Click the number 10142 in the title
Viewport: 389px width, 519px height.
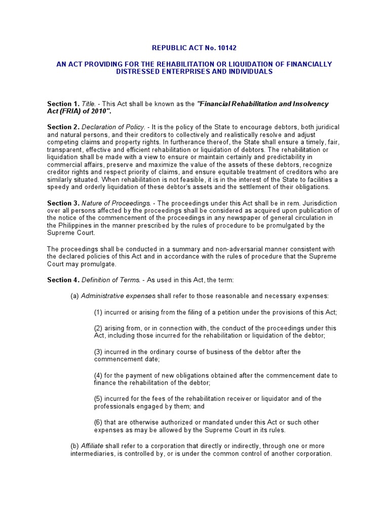226,48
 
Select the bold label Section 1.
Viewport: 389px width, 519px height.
63,104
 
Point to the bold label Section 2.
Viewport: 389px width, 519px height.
63,126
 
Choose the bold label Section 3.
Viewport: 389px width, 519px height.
63,203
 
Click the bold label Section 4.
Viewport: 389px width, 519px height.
63,280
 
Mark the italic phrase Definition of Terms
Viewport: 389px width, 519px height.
107,280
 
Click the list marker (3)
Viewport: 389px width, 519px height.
99,352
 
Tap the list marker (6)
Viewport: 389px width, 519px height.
99,422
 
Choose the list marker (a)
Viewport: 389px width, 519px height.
74,296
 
